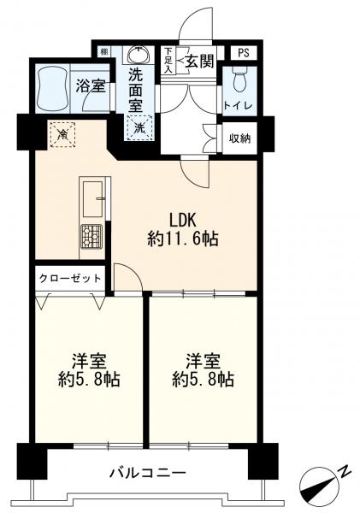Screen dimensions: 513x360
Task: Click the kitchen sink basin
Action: click(91, 199)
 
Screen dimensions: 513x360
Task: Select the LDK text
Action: click(183, 217)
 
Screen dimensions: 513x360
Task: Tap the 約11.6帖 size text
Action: click(183, 240)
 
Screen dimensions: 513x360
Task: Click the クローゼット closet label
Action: click(70, 279)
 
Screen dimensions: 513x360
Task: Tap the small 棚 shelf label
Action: click(103, 51)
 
